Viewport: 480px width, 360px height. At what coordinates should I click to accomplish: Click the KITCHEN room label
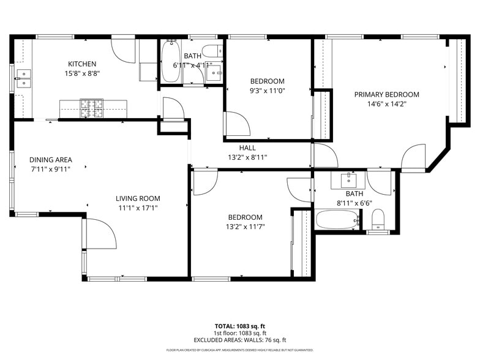pyautogui.click(x=82, y=64)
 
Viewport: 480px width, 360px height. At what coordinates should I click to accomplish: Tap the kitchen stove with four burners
pyautogui.click(x=91, y=108)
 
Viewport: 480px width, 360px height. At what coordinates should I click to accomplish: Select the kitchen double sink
pyautogui.click(x=23, y=79)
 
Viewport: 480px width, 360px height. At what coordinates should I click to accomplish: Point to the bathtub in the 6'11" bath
pyautogui.click(x=171, y=63)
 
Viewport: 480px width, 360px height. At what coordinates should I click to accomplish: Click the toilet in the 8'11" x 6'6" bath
pyautogui.click(x=378, y=219)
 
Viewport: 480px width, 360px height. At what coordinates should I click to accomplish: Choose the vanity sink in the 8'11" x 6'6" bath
pyautogui.click(x=348, y=180)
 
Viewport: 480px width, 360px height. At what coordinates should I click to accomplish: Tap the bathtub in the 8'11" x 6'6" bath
pyautogui.click(x=337, y=219)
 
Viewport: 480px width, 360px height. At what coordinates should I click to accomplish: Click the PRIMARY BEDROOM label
pyautogui.click(x=387, y=94)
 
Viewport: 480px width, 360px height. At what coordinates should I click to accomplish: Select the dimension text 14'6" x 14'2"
pyautogui.click(x=387, y=104)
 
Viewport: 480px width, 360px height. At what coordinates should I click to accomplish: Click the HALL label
pyautogui.click(x=247, y=148)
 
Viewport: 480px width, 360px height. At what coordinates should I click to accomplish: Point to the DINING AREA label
pyautogui.click(x=51, y=160)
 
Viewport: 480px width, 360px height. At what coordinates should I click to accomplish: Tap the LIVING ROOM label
pyautogui.click(x=138, y=198)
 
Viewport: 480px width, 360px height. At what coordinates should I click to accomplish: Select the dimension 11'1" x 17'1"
pyautogui.click(x=138, y=208)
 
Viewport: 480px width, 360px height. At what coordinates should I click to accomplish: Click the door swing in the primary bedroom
pyautogui.click(x=414, y=157)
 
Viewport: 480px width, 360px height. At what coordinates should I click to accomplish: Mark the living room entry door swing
pyautogui.click(x=100, y=234)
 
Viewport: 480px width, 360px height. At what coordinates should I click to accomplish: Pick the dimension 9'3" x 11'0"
pyautogui.click(x=267, y=91)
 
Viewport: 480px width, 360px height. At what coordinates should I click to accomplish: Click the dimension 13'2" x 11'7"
pyautogui.click(x=245, y=227)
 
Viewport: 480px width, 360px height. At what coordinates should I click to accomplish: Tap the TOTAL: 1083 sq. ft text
pyautogui.click(x=239, y=326)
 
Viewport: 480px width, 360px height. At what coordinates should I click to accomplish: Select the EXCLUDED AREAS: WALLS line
pyautogui.click(x=239, y=340)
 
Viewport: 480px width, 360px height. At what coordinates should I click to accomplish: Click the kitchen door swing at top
pyautogui.click(x=124, y=51)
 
